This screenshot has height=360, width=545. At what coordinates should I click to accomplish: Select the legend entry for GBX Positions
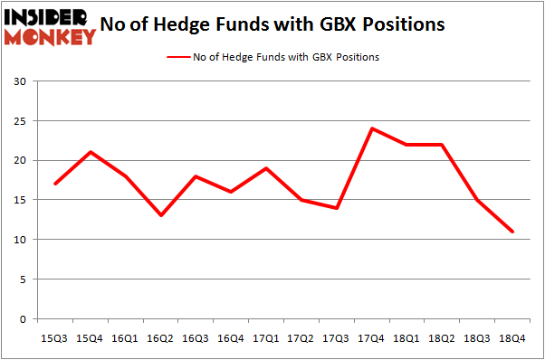[272, 57]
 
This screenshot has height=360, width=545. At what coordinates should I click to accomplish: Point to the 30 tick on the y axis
[21, 81]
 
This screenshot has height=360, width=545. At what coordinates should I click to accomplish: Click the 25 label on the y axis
[21, 121]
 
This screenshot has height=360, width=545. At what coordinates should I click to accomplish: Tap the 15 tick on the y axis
[21, 200]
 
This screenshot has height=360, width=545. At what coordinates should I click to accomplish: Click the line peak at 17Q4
[372, 128]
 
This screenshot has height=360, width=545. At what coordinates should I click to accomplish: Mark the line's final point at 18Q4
[513, 232]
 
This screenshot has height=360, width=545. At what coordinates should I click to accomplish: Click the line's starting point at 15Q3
[56, 184]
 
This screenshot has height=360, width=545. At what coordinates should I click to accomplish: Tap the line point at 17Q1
[266, 168]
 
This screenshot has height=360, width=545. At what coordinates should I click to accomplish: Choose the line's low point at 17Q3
[337, 208]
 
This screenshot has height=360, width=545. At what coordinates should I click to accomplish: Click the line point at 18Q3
[478, 200]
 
